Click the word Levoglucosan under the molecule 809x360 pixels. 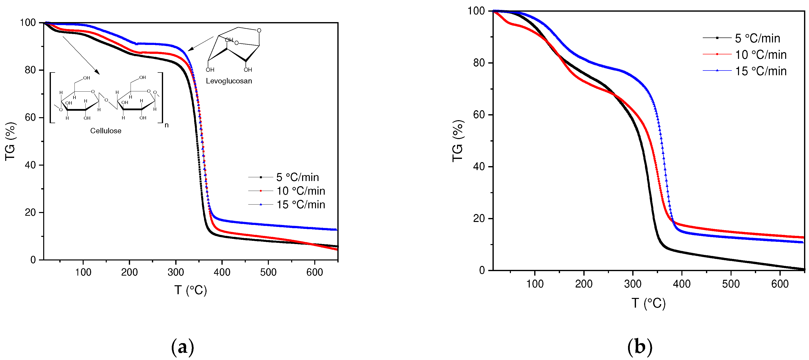pyautogui.click(x=229, y=81)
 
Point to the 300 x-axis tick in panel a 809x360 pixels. pyautogui.click(x=176, y=272)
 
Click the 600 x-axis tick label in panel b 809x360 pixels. pyautogui.click(x=779, y=284)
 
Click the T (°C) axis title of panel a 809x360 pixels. pyautogui.click(x=191, y=290)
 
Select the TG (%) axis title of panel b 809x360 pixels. pyautogui.click(x=458, y=141)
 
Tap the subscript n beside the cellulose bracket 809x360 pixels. pyautogui.click(x=167, y=125)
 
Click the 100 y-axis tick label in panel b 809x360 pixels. pyautogui.click(x=476, y=11)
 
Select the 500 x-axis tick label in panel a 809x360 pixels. pyautogui.click(x=268, y=272)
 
